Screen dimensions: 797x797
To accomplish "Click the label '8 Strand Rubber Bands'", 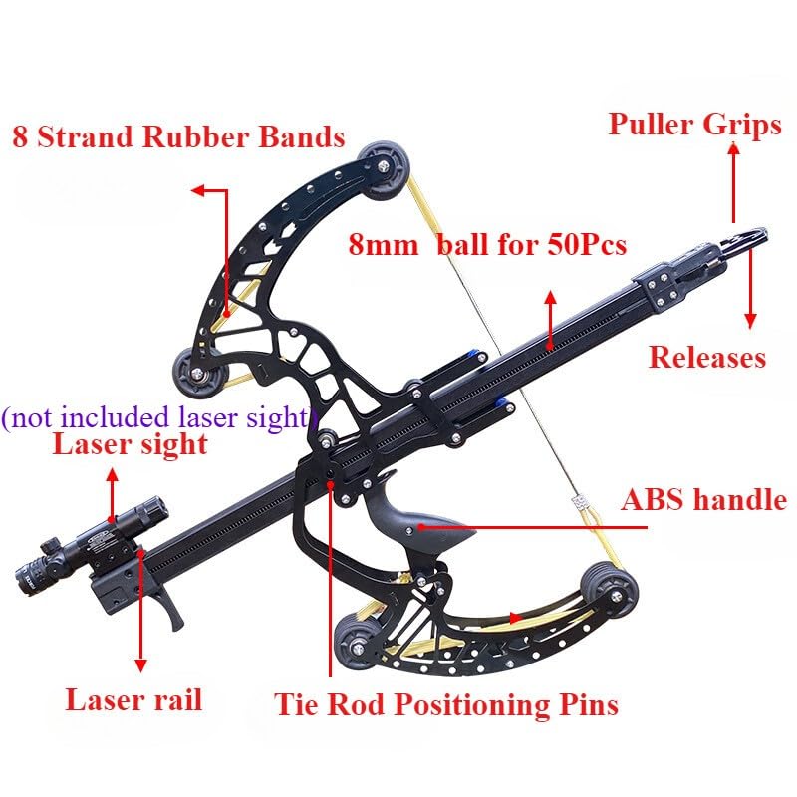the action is (178, 136).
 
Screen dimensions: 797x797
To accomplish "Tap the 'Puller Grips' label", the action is (694, 125).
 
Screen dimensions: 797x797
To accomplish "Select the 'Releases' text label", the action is (707, 357).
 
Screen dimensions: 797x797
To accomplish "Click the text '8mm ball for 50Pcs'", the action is (487, 244).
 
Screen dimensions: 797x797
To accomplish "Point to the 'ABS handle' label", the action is (704, 499).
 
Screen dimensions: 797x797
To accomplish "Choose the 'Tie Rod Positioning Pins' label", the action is (446, 704).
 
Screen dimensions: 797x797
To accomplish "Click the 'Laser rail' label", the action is (133, 699).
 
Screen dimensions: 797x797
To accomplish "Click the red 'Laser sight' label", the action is (131, 444).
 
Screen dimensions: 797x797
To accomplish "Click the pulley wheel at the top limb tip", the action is (384, 172).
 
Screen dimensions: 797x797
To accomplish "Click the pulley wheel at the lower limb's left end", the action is (359, 644).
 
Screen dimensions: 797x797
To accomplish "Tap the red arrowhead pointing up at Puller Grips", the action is (733, 148).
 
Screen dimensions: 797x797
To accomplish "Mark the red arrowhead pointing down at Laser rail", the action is (140, 665).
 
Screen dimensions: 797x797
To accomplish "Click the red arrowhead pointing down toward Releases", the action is (750, 321).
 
